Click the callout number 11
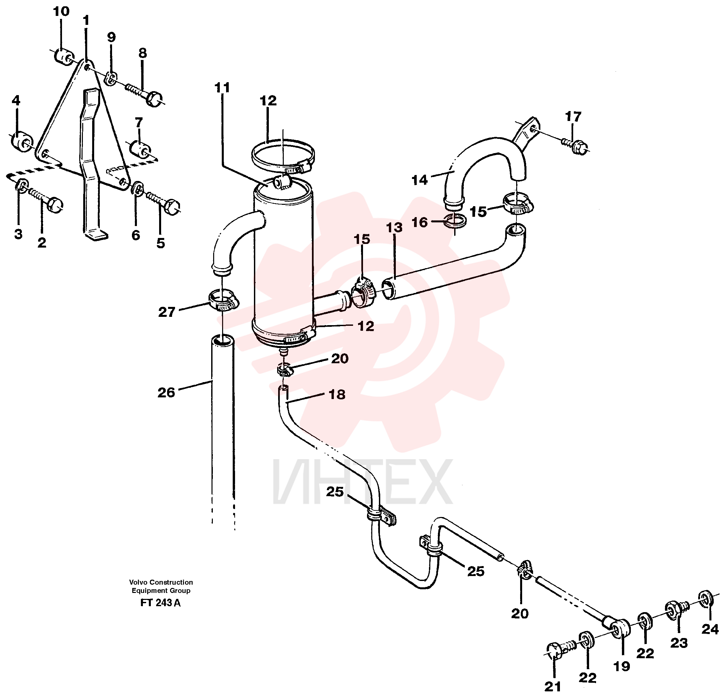tap(222, 88)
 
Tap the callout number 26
tap(166, 392)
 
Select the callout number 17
tap(573, 117)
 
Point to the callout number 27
tap(166, 312)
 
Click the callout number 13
tap(394, 227)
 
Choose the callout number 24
tap(710, 629)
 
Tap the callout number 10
tap(61, 12)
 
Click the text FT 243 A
tap(160, 603)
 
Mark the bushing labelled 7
tap(140, 149)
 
